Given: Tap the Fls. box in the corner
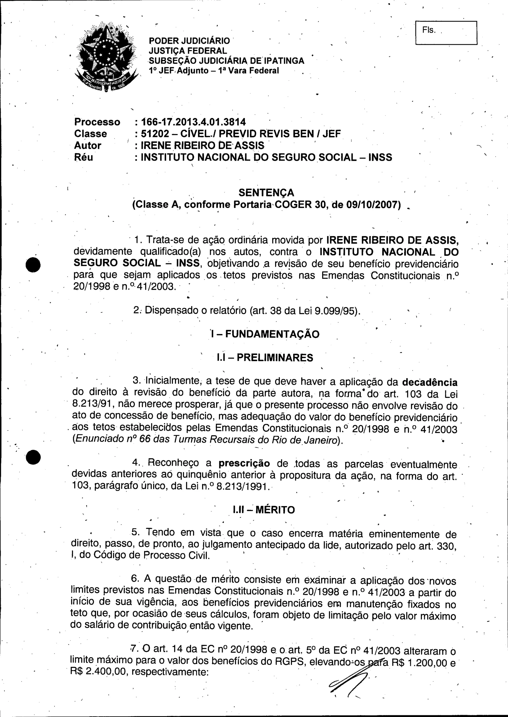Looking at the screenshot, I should point(446,33).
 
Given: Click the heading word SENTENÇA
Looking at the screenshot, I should point(266,192).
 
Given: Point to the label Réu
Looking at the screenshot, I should point(84,157).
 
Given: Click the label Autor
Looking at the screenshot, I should point(88,146).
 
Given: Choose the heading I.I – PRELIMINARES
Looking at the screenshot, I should point(265,358).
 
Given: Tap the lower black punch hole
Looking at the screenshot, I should point(33,457).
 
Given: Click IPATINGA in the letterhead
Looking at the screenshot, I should point(285,61).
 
